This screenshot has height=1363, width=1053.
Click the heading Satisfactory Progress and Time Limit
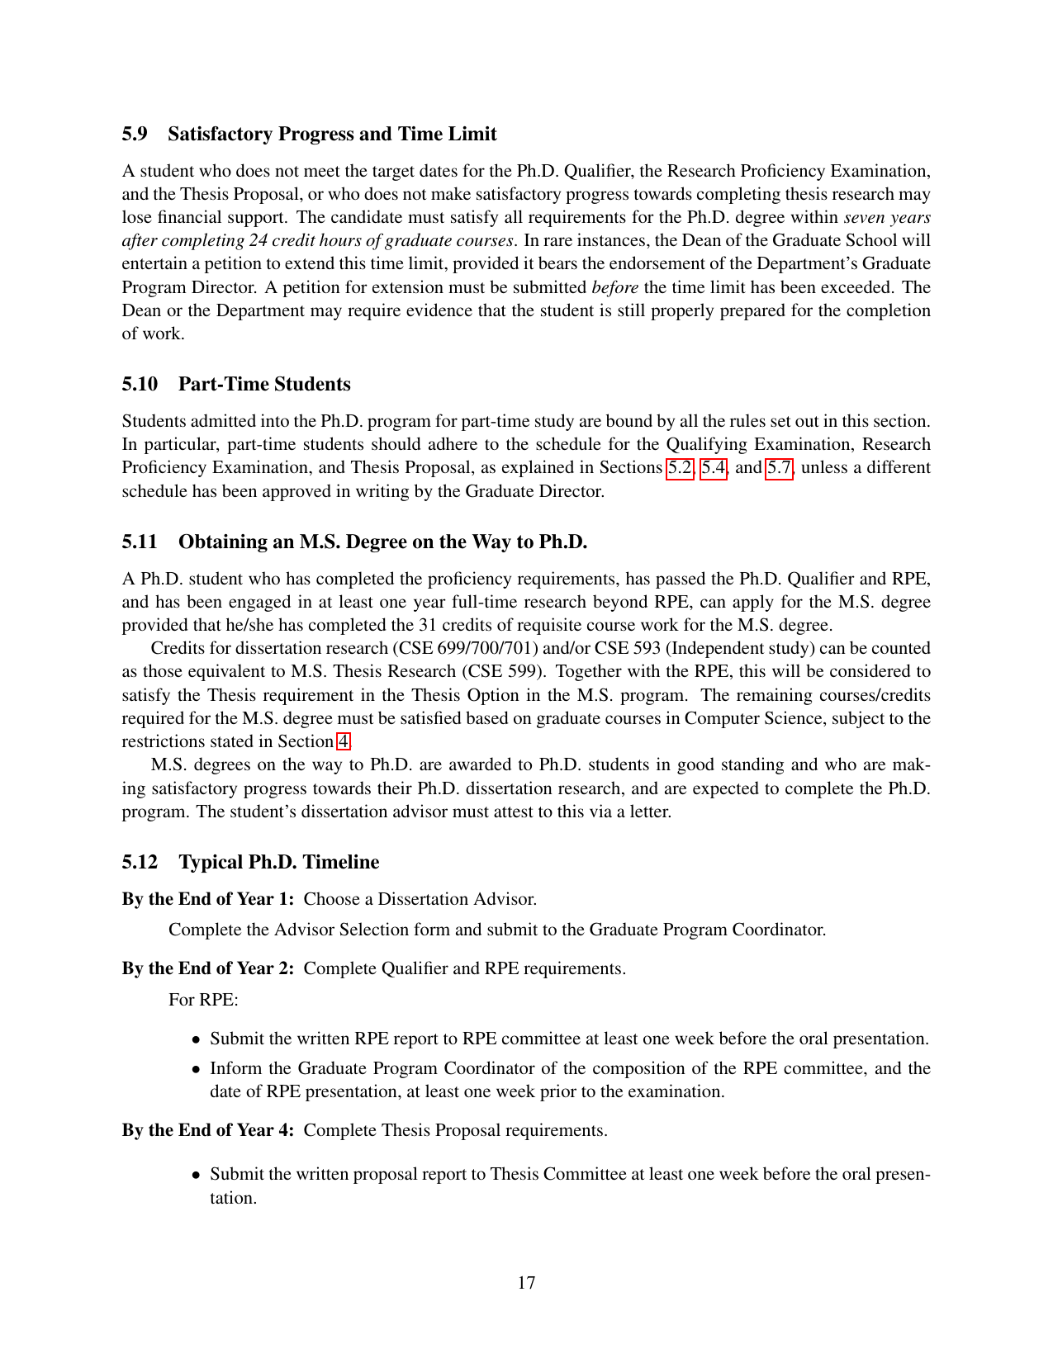click(x=332, y=134)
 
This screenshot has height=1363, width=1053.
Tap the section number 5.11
click(x=140, y=542)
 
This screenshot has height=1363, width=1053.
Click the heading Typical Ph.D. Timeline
click(x=279, y=862)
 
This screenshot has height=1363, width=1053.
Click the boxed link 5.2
click(x=681, y=467)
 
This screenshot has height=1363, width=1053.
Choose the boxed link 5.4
click(x=714, y=467)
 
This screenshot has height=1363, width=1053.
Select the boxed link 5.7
click(x=780, y=467)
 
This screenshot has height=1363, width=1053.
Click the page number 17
click(x=526, y=1282)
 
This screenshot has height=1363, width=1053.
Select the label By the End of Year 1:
click(x=208, y=899)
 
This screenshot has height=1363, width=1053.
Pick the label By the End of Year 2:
click(x=208, y=968)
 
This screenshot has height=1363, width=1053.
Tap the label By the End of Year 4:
click(x=208, y=1130)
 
